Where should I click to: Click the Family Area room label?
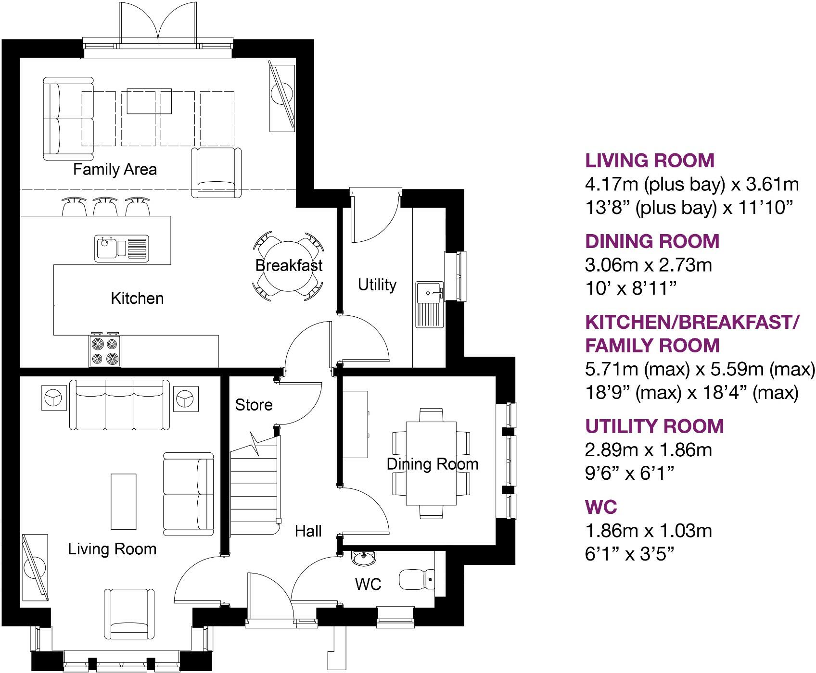[115, 169]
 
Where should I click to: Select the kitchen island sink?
[122, 248]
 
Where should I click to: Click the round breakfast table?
[288, 266]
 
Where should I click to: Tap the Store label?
[254, 405]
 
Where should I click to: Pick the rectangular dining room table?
[431, 463]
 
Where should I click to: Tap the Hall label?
[308, 531]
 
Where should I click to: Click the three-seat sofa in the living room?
[120, 405]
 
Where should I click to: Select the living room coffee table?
[124, 501]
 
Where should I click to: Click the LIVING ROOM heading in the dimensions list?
[650, 161]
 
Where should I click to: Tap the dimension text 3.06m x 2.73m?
[648, 265]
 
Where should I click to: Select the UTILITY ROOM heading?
[654, 426]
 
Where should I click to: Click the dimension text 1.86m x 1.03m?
[648, 531]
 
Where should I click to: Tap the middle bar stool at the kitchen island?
[105, 207]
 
